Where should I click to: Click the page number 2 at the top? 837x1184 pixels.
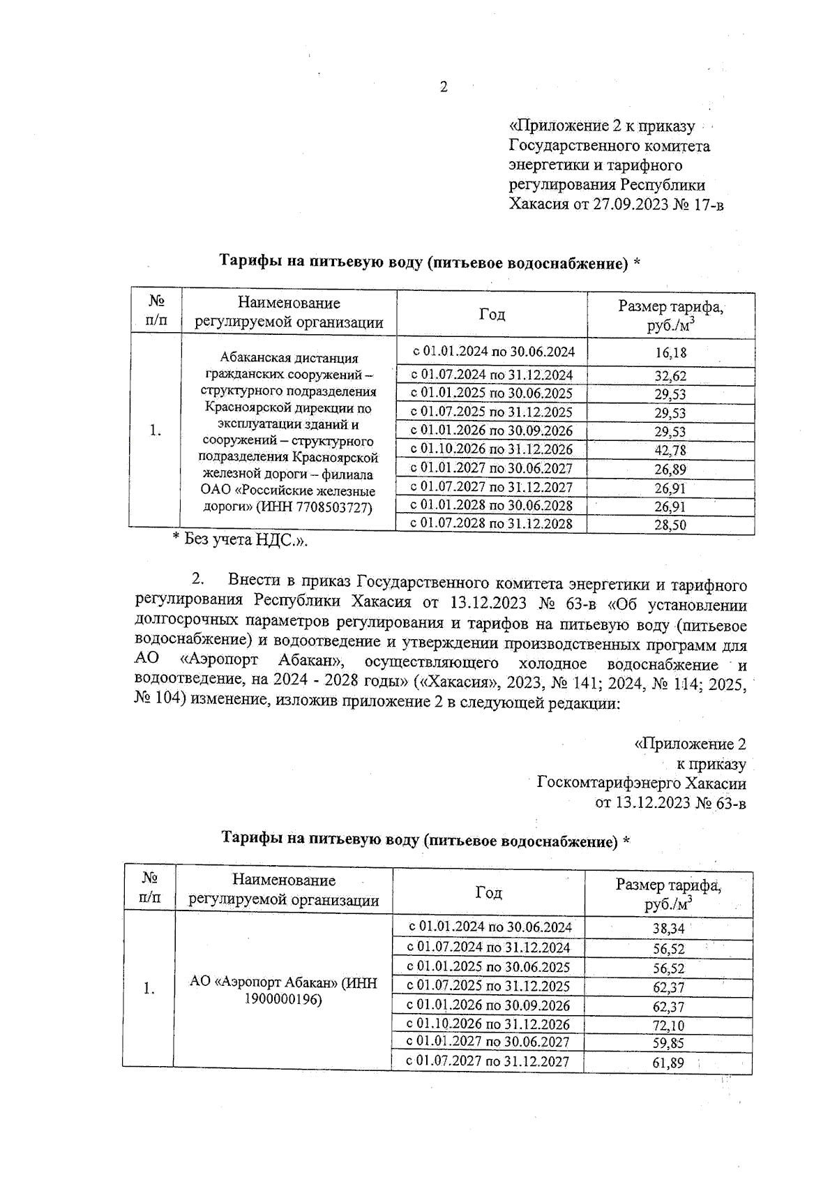tap(444, 87)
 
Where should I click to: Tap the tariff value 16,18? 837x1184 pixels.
tap(670, 352)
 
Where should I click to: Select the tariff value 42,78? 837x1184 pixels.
tap(670, 451)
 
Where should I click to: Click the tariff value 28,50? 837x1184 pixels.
tap(670, 525)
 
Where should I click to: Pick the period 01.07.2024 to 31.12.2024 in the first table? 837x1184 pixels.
tap(492, 375)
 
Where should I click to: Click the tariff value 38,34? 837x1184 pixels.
tap(668, 929)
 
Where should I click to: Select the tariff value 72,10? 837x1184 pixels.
tap(668, 1026)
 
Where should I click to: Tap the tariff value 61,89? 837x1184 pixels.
tap(668, 1064)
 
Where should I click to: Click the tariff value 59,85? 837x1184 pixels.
tap(668, 1044)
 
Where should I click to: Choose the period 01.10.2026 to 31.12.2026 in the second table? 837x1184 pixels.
tap(488, 1024)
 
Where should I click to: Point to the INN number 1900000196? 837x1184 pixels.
tap(283, 1000)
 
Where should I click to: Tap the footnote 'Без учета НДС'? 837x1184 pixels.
tap(241, 539)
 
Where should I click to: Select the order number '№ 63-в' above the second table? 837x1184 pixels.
tap(720, 803)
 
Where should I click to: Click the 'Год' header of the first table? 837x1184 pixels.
tap(492, 315)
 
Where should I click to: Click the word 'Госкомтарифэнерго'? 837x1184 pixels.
tap(610, 784)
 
